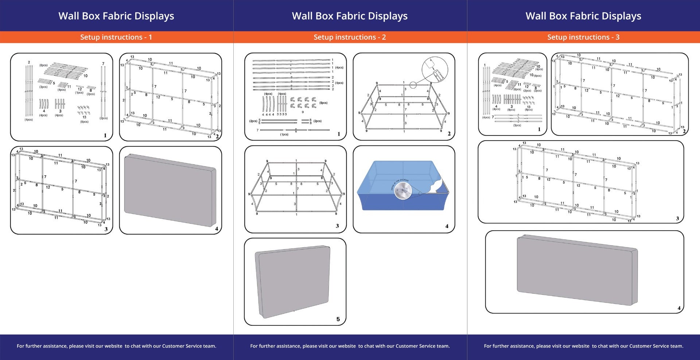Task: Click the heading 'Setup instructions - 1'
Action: pyautogui.click(x=116, y=37)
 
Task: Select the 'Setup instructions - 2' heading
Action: pyautogui.click(x=350, y=37)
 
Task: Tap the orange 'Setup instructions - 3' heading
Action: pyautogui.click(x=583, y=37)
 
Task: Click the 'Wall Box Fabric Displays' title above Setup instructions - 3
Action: pyautogui.click(x=583, y=16)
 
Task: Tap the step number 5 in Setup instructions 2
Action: pyautogui.click(x=338, y=319)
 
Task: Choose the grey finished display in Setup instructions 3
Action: pyautogui.click(x=577, y=270)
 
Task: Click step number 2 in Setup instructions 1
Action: pyautogui.click(x=217, y=137)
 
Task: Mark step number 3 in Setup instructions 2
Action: pyautogui.click(x=337, y=226)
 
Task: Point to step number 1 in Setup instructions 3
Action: pyautogui.click(x=539, y=129)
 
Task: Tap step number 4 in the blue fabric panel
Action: pyautogui.click(x=447, y=226)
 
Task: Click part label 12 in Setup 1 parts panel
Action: pyautogui.click(x=80, y=89)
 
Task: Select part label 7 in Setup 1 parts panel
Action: pyautogui.click(x=103, y=64)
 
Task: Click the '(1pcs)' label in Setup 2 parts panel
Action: pyautogui.click(x=284, y=134)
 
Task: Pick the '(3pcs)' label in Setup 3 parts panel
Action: pyautogui.click(x=517, y=125)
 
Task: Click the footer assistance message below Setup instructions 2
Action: pyautogui.click(x=350, y=346)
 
